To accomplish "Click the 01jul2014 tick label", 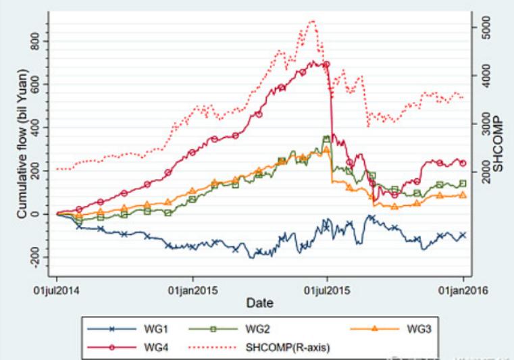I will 57,291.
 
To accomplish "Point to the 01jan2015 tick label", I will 193,291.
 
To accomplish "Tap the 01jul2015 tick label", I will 328,291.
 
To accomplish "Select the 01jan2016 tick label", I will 463,291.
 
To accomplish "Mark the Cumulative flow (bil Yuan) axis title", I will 22,155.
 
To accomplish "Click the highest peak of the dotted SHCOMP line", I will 311,21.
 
